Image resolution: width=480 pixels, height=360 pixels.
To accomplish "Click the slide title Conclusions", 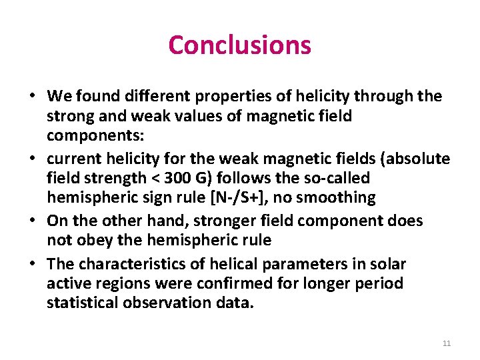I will [239, 45].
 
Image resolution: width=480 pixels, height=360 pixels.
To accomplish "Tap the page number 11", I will [447, 343].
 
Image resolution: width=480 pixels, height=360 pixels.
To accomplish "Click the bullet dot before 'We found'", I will [32, 97].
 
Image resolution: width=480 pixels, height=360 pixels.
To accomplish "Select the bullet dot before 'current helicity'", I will [32, 159].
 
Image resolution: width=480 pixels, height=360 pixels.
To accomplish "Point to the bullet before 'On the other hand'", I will [32, 221].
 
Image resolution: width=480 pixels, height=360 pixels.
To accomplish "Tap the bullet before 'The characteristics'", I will [32, 264].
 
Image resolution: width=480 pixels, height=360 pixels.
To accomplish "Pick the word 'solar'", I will [388, 264].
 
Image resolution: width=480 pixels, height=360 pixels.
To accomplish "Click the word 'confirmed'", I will [250, 284].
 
